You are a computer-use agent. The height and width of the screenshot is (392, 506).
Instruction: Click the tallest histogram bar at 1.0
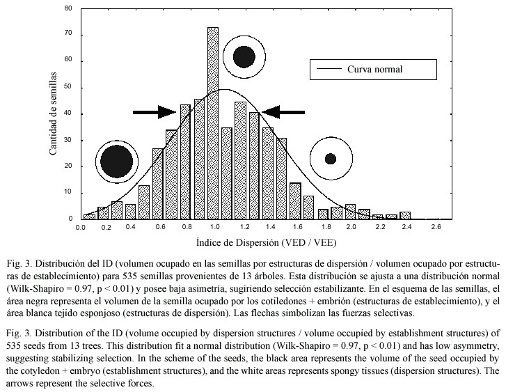[x=213, y=123]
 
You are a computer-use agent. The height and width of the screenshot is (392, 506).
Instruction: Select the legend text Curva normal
[x=374, y=69]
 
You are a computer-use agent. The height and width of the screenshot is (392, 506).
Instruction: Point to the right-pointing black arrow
[x=155, y=112]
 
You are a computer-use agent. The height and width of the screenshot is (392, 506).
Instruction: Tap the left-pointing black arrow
[x=283, y=112]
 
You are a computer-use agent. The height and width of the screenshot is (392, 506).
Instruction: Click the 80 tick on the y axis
[x=68, y=8]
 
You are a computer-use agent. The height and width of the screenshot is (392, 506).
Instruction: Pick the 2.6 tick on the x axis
[x=436, y=227]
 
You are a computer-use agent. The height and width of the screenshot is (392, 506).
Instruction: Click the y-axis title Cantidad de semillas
[x=53, y=113]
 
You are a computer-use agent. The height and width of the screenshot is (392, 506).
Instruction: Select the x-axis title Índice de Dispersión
[x=238, y=242]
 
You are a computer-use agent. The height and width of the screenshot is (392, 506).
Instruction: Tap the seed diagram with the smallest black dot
[x=331, y=159]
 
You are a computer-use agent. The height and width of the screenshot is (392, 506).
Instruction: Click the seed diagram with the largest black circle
[x=117, y=161]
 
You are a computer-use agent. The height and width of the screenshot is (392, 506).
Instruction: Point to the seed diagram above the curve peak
[x=244, y=57]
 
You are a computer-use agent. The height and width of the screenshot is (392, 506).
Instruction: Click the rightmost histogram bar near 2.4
[x=405, y=215]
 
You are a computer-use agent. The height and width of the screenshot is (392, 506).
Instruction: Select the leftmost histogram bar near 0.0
[x=89, y=217]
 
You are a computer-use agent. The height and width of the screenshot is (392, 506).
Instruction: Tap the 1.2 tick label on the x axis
[x=244, y=227]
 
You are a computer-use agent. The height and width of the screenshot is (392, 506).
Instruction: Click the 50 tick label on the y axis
[x=68, y=87]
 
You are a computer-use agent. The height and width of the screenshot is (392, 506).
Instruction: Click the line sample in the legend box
[x=329, y=69]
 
